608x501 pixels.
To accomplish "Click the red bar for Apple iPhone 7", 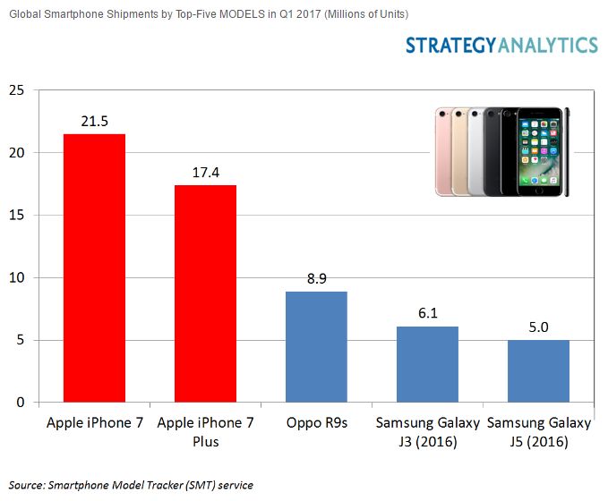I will (94, 268).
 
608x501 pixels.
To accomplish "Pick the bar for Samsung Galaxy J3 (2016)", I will (427, 364).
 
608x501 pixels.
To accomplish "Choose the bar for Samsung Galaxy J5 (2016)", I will (538, 371).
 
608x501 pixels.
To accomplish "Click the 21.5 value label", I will (94, 121).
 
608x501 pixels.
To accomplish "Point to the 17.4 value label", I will (205, 172).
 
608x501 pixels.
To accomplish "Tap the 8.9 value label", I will (316, 278).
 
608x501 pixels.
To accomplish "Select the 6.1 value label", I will (427, 313).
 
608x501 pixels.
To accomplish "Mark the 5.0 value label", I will (538, 327).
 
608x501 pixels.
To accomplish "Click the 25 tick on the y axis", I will (15, 90).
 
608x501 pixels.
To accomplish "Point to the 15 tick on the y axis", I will (15, 216).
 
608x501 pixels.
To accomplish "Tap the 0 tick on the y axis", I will (20, 403).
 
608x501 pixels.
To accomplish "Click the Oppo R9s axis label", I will (316, 422).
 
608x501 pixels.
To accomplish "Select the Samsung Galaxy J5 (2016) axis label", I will (538, 431).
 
